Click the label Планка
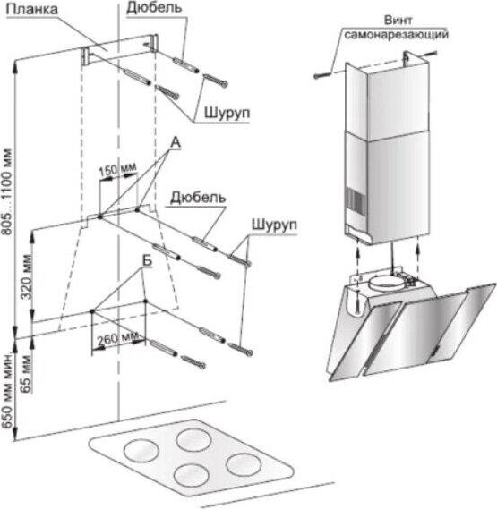(32, 10)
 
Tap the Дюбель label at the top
(154, 8)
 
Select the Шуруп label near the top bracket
(227, 113)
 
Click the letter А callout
(176, 143)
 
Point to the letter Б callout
(147, 260)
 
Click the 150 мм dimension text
(117, 169)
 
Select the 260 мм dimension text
(117, 338)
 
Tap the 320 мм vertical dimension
(27, 277)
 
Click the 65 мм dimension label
(26, 374)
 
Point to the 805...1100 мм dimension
(7, 191)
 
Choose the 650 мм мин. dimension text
(7, 392)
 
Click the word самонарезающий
(396, 34)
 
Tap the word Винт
(398, 20)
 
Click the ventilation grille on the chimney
(355, 200)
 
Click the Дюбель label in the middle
(198, 198)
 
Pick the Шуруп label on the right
(274, 225)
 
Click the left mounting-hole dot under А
(100, 216)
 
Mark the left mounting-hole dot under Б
(92, 311)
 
